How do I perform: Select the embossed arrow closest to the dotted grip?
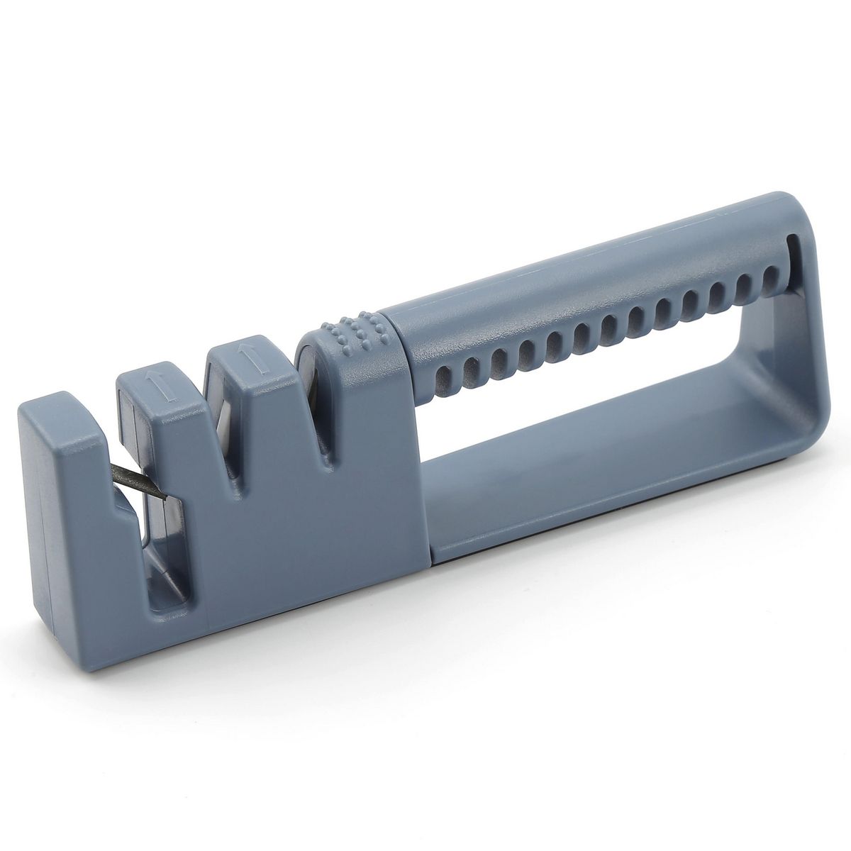tap(246, 357)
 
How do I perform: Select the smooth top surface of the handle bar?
tap(567, 277)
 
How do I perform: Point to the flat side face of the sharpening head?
tap(298, 539)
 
